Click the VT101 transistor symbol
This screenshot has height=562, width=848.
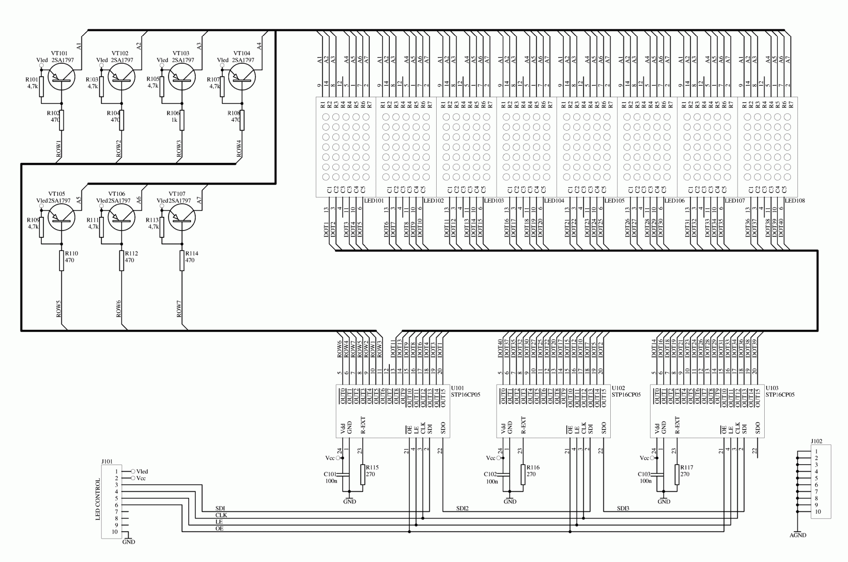(x=61, y=76)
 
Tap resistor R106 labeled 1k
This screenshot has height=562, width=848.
(x=182, y=120)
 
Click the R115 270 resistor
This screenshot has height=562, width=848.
(x=363, y=474)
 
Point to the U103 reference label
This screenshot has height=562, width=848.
(x=772, y=388)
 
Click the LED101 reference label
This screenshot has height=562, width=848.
(x=373, y=200)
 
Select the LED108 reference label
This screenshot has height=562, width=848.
(x=795, y=200)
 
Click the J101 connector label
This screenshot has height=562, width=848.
(x=107, y=461)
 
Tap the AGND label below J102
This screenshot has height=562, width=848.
(x=797, y=535)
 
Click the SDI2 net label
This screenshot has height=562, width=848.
(x=462, y=508)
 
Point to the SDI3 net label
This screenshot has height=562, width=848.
(x=623, y=508)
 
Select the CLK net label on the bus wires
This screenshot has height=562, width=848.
(x=221, y=515)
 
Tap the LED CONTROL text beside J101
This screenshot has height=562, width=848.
(x=98, y=499)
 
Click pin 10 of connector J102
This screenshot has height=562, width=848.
(x=818, y=511)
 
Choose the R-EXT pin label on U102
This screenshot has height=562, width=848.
(x=523, y=425)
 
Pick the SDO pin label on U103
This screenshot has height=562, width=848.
(x=757, y=428)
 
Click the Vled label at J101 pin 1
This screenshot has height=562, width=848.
(x=142, y=472)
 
